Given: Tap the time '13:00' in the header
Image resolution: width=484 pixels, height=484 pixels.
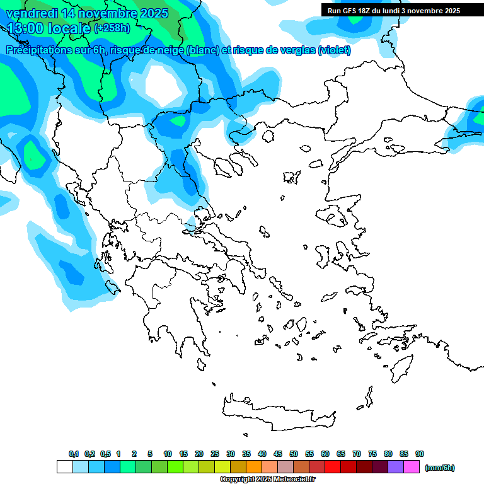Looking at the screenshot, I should (x=25, y=28).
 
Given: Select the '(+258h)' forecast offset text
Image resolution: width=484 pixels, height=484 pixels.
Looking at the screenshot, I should (x=112, y=28).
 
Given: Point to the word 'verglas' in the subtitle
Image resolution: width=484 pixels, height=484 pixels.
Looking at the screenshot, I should (x=296, y=50).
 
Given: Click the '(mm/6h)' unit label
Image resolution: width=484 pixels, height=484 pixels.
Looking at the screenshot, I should (x=439, y=468).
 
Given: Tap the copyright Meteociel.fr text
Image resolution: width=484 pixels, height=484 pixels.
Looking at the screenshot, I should (x=267, y=479).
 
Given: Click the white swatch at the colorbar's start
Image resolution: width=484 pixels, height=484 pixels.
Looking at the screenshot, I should (x=64, y=467).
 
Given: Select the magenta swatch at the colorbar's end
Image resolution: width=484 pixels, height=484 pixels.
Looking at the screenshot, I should (x=412, y=467).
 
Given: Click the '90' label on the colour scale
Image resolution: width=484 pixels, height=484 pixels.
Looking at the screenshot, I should (x=420, y=454).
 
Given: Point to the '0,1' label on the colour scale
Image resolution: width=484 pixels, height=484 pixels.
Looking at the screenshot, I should (x=74, y=454).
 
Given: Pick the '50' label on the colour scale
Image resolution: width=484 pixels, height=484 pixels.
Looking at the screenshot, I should (x=294, y=454).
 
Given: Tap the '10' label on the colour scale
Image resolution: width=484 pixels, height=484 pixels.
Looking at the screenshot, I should (x=168, y=454).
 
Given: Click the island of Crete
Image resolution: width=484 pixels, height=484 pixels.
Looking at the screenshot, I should (x=277, y=410).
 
